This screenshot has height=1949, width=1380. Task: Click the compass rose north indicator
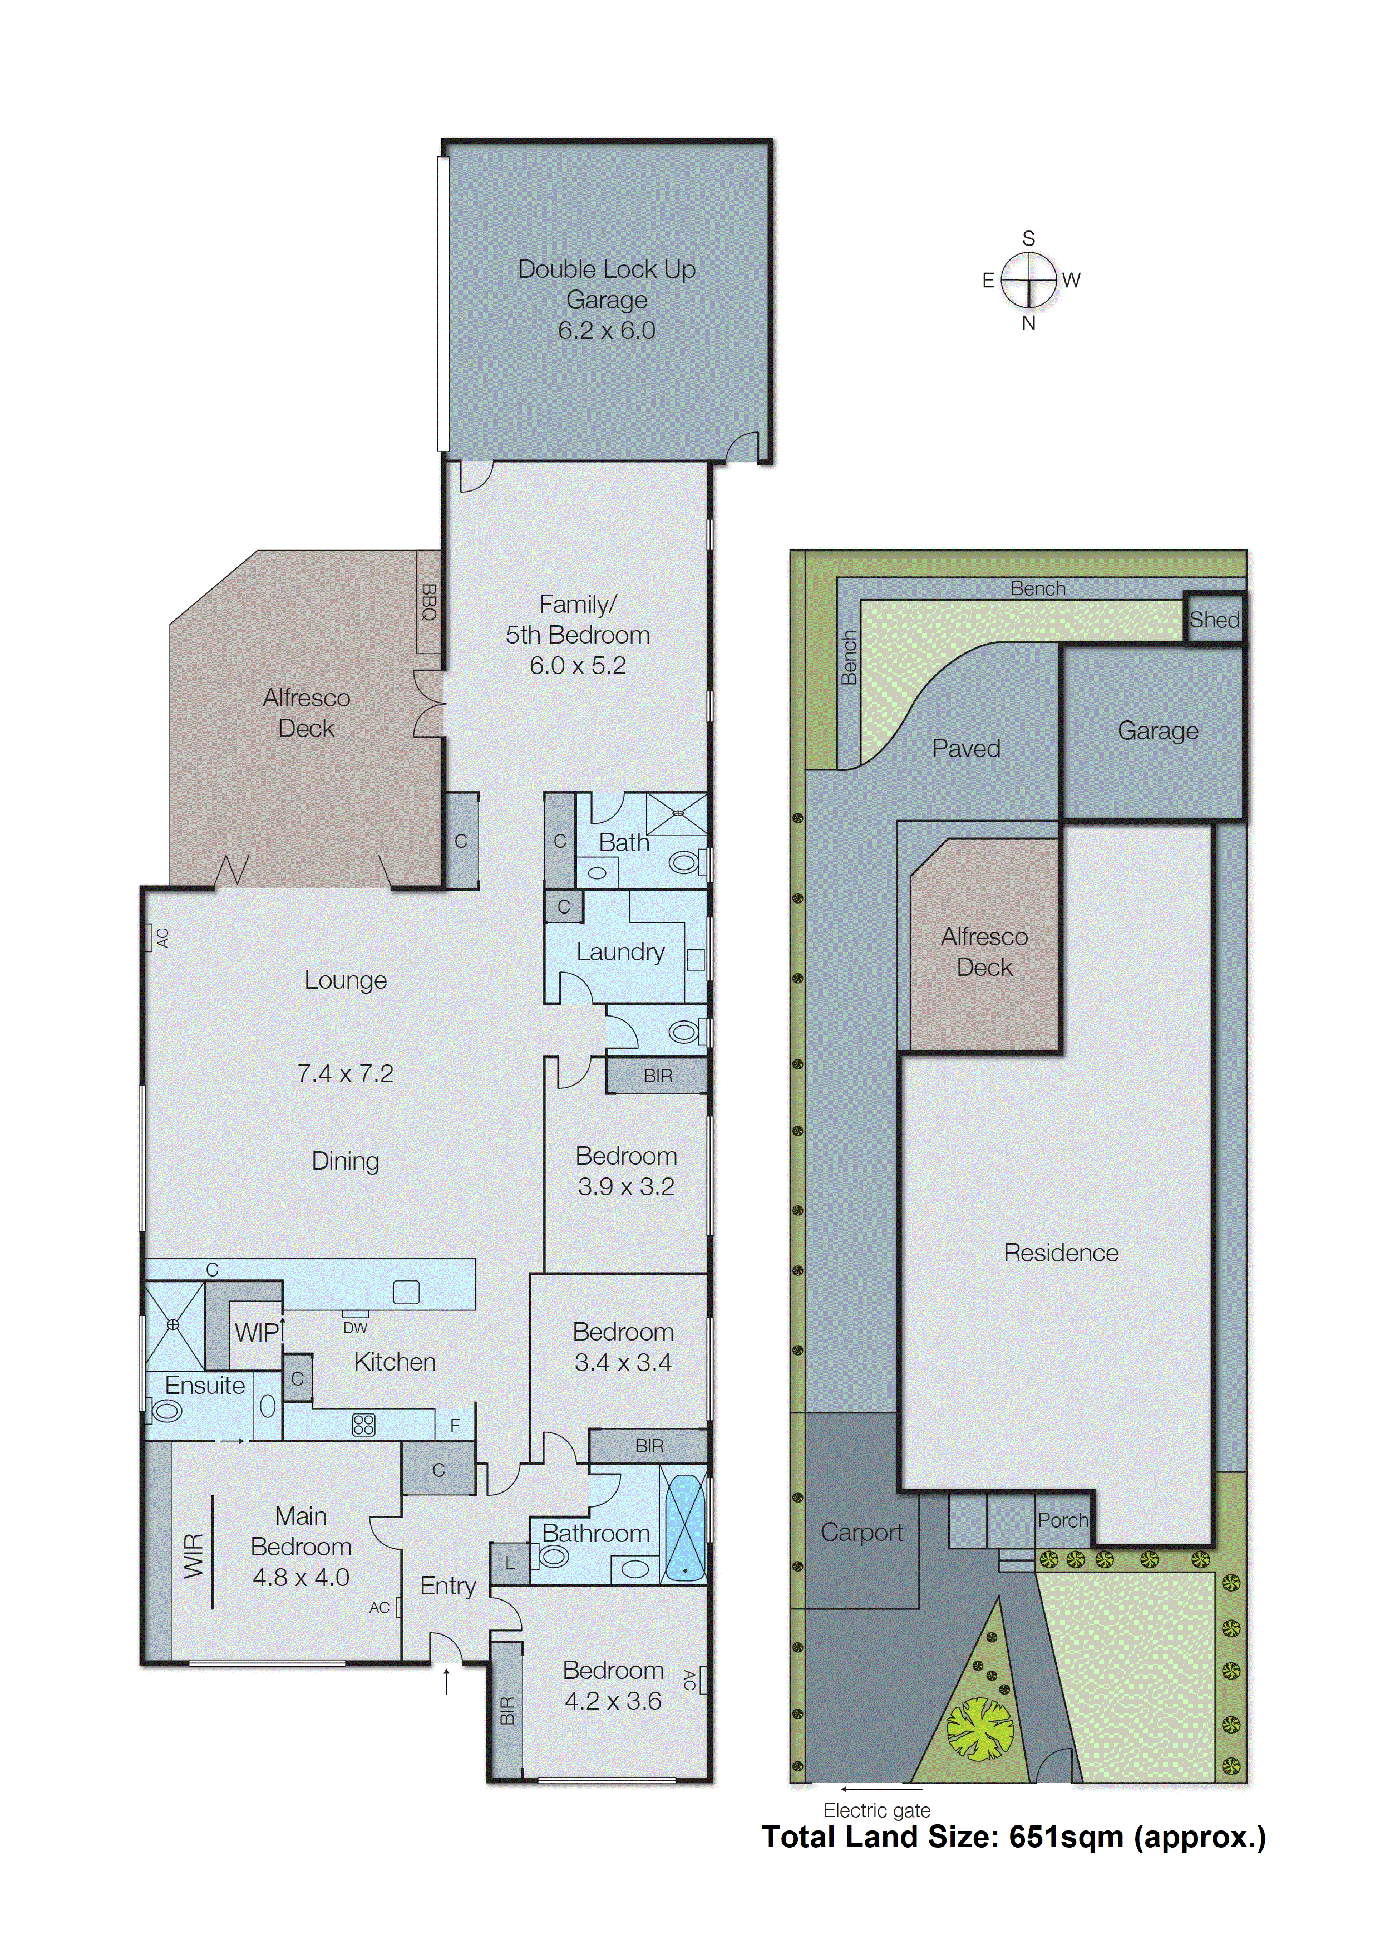[x=1028, y=323]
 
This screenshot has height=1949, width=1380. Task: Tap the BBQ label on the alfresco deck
[x=428, y=602]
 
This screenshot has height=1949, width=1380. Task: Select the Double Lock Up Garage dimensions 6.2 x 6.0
[x=606, y=331]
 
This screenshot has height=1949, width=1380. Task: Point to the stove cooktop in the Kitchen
[x=364, y=1425]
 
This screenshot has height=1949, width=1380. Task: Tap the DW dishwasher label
[x=355, y=1328]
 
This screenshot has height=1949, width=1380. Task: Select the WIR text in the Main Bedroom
[x=194, y=1555]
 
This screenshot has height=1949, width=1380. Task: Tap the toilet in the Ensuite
[x=166, y=1412]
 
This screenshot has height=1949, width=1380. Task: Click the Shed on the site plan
[x=1214, y=620]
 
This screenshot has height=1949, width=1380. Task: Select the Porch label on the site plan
[x=1062, y=1520]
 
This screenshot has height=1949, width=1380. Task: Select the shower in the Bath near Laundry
[x=677, y=814]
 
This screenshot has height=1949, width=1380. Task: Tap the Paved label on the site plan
[x=965, y=748]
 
